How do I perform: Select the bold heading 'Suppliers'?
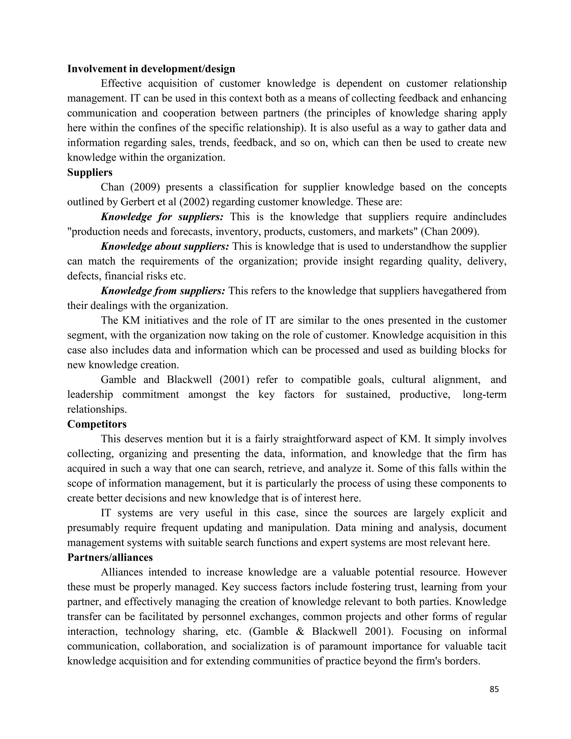tap(90, 172)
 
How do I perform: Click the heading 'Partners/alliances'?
tap(110, 557)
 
